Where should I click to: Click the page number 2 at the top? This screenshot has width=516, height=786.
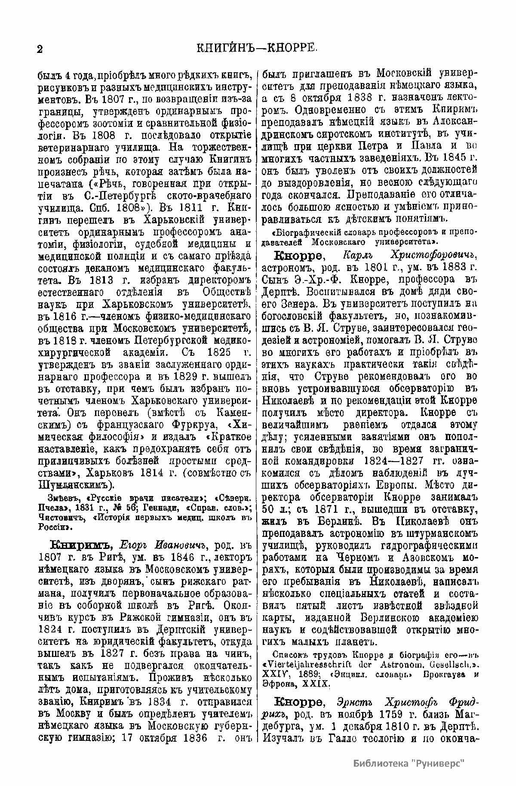coord(40,49)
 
